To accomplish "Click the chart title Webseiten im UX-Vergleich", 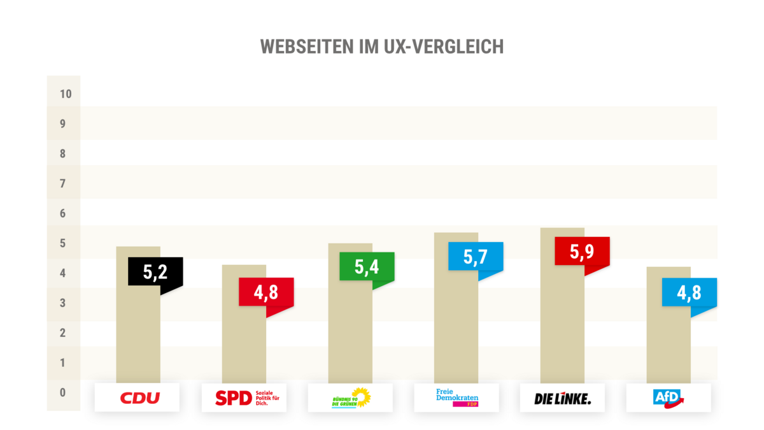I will coord(382,47).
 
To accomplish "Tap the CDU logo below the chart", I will coord(138,398).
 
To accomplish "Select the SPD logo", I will coord(244,398).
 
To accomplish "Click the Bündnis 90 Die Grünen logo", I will coord(350,398).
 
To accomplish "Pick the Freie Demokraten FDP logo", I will coord(456,397).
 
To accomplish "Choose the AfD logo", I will coord(668,398).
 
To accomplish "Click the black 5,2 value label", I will coord(155,272).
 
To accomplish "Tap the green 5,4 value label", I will coord(367,267).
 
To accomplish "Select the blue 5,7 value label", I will coord(475,257).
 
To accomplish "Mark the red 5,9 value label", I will coord(582,252).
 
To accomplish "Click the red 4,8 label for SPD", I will coord(266,292).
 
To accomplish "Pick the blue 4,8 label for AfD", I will coord(689,292).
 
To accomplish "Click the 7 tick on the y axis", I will coord(63,184).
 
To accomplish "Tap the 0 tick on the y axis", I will coord(63,392).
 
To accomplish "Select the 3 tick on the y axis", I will coord(63,303).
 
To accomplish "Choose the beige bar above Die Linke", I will coord(562,319).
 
